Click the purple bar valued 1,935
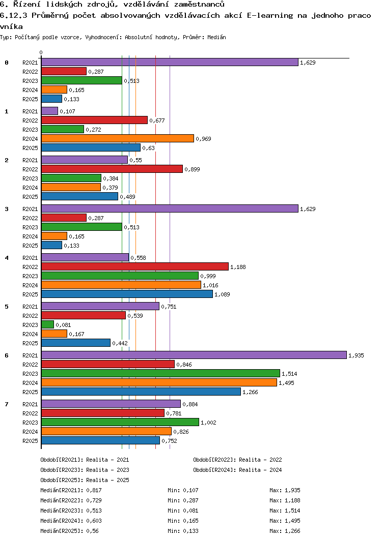pyautogui.click(x=194, y=355)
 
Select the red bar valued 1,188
pyautogui.click(x=134, y=266)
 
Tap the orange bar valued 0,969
pyautogui.click(x=117, y=138)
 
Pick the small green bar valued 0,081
pyautogui.click(x=47, y=324)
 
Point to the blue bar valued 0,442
pyautogui.click(x=75, y=343)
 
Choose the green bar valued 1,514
pyautogui.click(x=160, y=373)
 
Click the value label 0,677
pyautogui.click(x=157, y=121)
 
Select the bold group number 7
pyautogui.click(x=7, y=404)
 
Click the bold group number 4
pyautogui.click(x=7, y=258)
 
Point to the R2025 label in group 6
pyautogui.click(x=31, y=392)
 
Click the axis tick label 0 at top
pyautogui.click(x=41, y=52)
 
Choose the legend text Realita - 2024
pyautogui.click(x=260, y=470)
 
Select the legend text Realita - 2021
pyautogui.click(x=107, y=460)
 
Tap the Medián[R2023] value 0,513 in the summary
pyautogui.click(x=95, y=511)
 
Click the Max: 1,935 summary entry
pyautogui.click(x=285, y=490)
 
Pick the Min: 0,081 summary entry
pyautogui.click(x=183, y=511)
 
